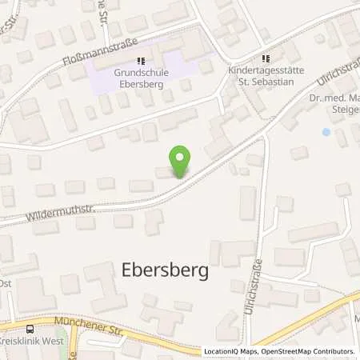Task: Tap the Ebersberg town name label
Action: [165, 270]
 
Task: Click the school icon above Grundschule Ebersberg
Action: [142, 61]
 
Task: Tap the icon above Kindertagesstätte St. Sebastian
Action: [268, 58]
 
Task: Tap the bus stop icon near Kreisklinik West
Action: [30, 329]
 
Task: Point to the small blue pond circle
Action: [325, 132]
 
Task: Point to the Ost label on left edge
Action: [5, 282]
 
